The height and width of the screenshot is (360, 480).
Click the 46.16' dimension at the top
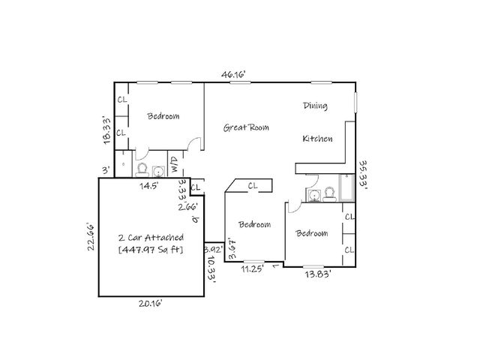(x=233, y=74)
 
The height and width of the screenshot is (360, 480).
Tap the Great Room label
(x=246, y=127)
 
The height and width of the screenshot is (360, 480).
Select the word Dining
(x=315, y=106)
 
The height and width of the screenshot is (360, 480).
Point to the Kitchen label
(x=317, y=139)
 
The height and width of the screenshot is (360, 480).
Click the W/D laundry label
(x=174, y=165)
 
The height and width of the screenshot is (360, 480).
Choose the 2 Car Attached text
(x=151, y=237)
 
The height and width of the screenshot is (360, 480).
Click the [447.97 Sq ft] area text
(x=151, y=249)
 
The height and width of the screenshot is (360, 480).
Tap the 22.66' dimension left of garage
(x=90, y=238)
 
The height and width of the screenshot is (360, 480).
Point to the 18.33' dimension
(x=107, y=128)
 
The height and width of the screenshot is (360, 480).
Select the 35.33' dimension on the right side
(x=363, y=175)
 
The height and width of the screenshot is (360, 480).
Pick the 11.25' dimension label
(x=253, y=268)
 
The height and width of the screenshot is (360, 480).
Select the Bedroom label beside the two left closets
(x=163, y=116)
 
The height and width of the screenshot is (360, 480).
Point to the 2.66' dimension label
(x=187, y=206)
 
